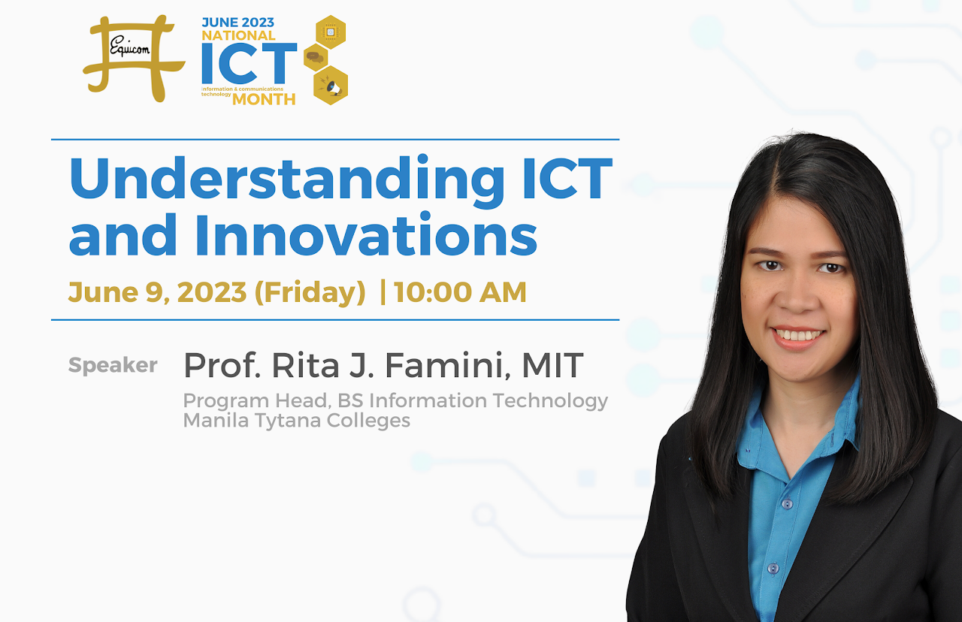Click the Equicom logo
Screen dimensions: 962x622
pos(133,59)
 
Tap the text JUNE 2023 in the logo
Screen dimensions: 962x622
pos(238,23)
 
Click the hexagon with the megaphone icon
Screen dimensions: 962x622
pos(331,85)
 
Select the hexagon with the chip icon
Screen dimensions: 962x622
pos(331,32)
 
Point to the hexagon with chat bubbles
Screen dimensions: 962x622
pos(316,58)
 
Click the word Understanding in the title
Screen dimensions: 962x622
pos(287,179)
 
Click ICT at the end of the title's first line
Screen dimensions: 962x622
pos(567,178)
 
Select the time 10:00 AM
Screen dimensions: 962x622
pos(460,292)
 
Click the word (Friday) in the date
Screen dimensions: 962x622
pos(310,293)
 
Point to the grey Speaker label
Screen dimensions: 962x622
pos(113,366)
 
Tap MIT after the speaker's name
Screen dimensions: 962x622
pos(552,365)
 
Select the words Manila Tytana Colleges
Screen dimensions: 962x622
pos(297,420)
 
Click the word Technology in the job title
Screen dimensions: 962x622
pos(550,401)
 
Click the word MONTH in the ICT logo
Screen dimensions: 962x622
pos(264,100)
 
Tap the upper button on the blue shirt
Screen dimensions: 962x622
pos(787,504)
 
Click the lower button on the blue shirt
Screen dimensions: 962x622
pos(773,569)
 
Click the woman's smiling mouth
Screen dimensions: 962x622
pos(797,336)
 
